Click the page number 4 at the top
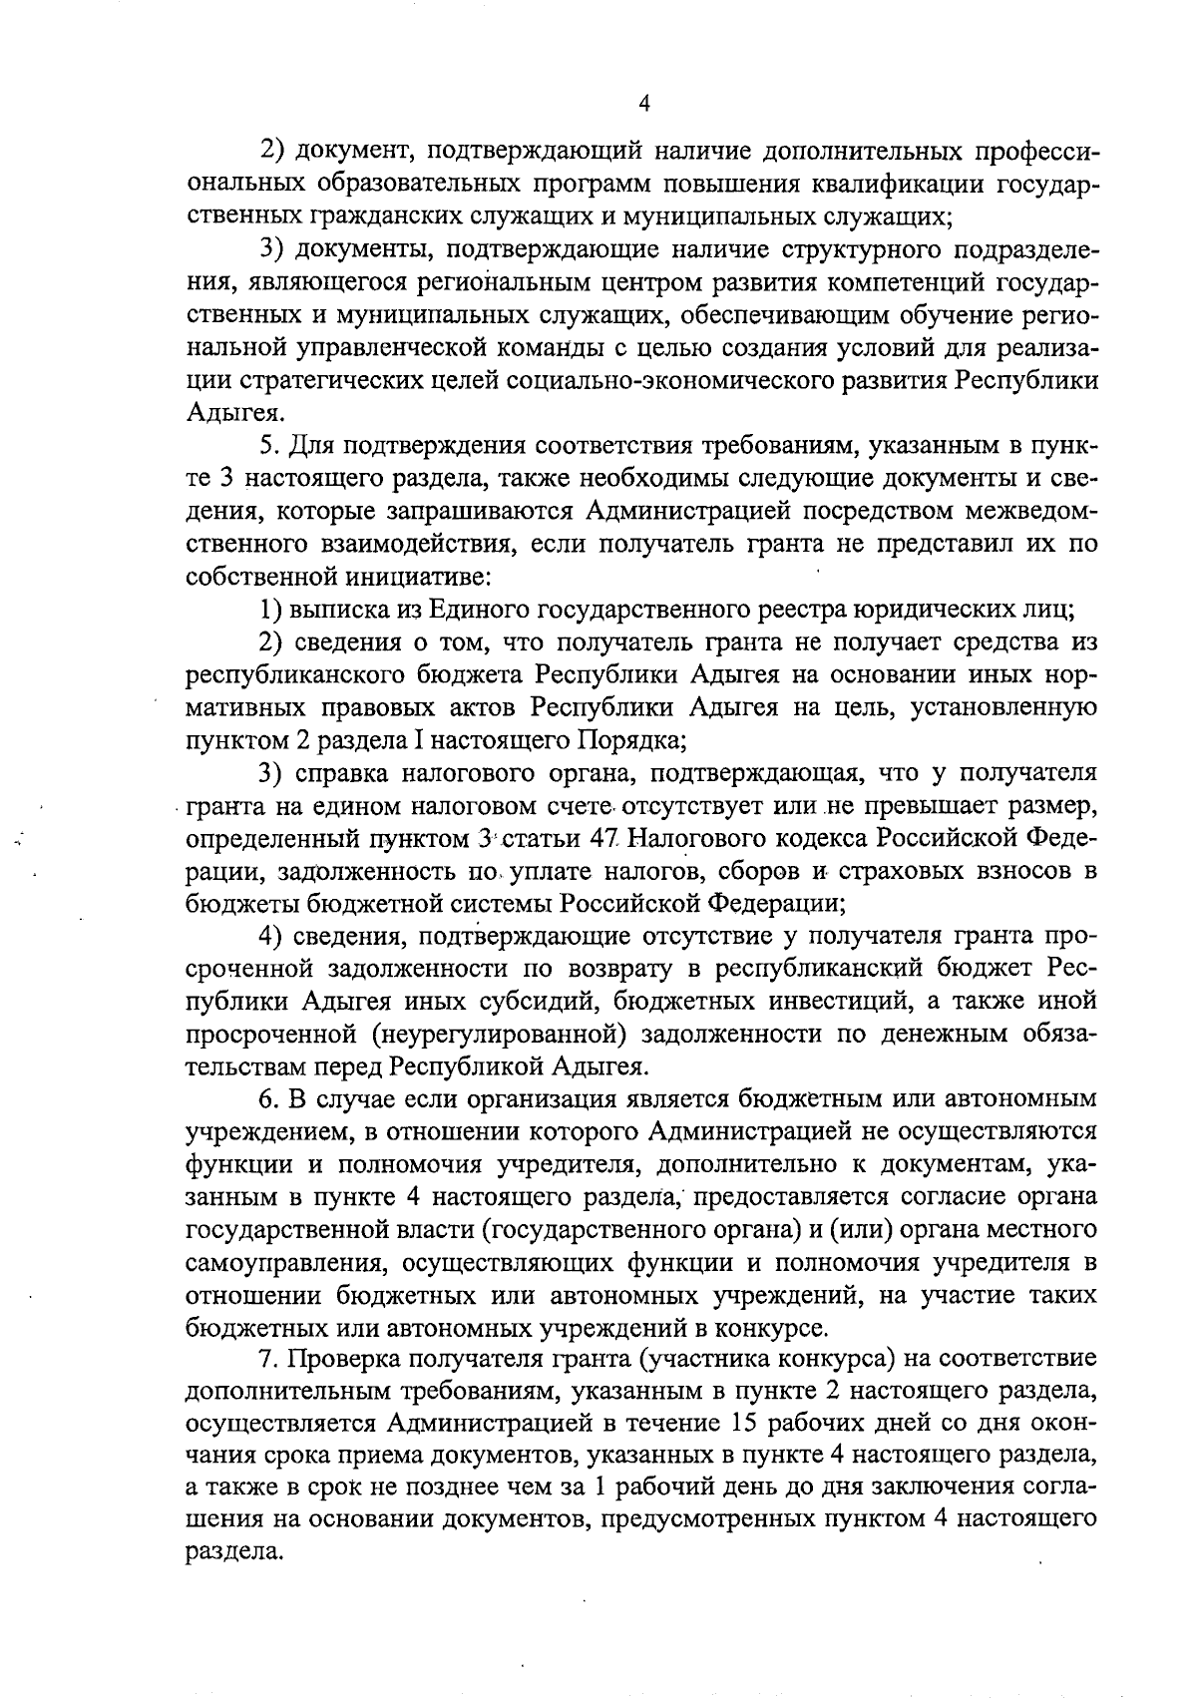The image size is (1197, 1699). (644, 104)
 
